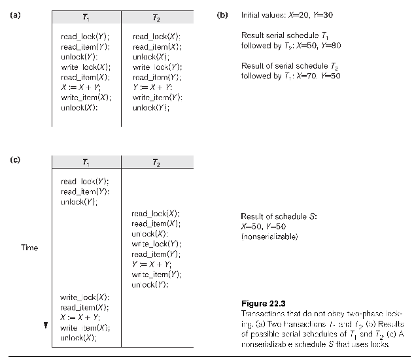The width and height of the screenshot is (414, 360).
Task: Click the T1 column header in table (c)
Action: (x=87, y=162)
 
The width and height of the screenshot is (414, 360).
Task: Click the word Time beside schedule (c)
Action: (x=29, y=248)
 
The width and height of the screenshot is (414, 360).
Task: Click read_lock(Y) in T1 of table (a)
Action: (x=85, y=37)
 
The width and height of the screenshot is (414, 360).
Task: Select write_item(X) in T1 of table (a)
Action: (x=86, y=97)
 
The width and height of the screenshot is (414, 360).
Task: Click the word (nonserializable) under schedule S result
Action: (x=269, y=236)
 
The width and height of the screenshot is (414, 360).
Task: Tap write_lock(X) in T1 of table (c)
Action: (x=84, y=297)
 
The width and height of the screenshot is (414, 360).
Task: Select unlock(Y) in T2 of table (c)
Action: (x=150, y=285)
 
